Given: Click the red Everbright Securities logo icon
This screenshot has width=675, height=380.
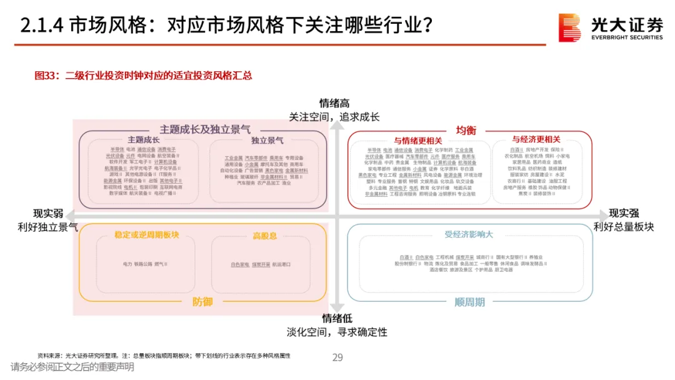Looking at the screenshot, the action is click(569, 28).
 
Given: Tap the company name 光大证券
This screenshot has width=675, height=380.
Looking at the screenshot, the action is click(627, 24).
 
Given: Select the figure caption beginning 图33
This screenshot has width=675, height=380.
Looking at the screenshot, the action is click(143, 76).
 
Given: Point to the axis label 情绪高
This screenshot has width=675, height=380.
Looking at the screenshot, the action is click(334, 103).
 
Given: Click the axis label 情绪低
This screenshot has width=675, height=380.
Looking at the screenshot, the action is click(337, 319).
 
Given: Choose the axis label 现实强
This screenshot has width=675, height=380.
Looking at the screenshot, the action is click(624, 214).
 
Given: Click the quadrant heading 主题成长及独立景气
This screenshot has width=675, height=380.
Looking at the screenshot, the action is click(205, 129).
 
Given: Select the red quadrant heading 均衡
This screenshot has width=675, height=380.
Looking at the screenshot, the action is click(466, 130).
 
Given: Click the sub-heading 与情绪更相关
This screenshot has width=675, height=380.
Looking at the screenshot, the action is click(418, 140).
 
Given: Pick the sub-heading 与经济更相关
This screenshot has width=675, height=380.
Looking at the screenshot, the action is click(536, 139).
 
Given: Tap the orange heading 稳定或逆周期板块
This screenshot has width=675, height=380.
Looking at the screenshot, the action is click(146, 235).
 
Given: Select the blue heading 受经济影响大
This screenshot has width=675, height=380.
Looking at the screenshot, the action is click(469, 234).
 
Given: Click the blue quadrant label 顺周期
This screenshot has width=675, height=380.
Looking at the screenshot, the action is click(469, 302).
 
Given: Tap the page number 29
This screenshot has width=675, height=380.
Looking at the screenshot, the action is click(337, 357).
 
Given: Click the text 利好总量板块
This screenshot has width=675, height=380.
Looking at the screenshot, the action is click(624, 227).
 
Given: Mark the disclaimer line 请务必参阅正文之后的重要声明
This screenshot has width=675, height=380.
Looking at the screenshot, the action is click(72, 367).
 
